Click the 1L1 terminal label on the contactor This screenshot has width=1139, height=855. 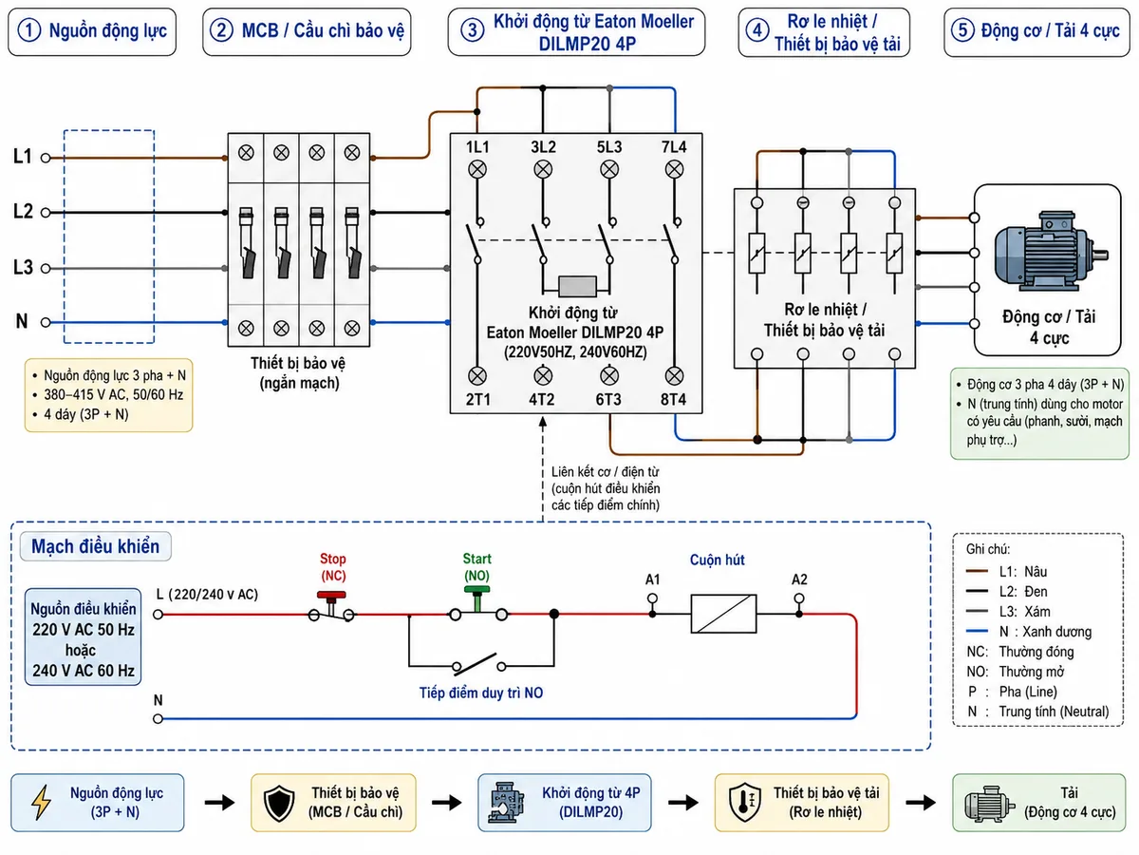pos(477,147)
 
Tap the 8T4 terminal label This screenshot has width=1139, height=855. pos(673,399)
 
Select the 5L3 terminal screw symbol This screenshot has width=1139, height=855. pos(609,169)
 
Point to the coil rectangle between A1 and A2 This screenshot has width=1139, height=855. pos(723,614)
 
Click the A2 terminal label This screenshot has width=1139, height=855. pos(799,579)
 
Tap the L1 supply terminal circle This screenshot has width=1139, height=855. pos(46,158)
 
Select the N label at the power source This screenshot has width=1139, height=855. pos(21,321)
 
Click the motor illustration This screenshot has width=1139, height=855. pos(1049,251)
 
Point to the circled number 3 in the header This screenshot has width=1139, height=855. pos(472,30)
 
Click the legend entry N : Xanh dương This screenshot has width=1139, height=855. pos(1029,631)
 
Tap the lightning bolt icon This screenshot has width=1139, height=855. pos(41,802)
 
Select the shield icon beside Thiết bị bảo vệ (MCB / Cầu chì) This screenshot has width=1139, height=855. pos(279,803)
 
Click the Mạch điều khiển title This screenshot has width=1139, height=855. pos(96,546)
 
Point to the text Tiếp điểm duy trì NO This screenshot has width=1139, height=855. pos(481,693)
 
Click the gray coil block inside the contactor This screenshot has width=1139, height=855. pos(577,286)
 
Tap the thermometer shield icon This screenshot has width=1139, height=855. pos(745,803)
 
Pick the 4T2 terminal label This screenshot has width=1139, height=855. pos(542,399)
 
